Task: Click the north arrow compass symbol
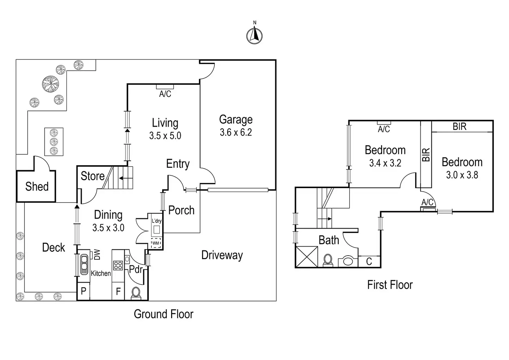[254, 35]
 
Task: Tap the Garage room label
[236, 120]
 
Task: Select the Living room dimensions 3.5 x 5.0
[165, 136]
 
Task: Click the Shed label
[37, 187]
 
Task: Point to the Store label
[92, 176]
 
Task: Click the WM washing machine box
[156, 243]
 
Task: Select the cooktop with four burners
[118, 265]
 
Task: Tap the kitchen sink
[84, 265]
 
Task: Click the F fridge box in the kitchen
[118, 292]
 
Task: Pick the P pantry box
[83, 291]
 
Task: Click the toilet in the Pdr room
[136, 293]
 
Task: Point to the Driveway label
[222, 255]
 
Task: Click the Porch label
[181, 210]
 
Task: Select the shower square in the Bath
[306, 257]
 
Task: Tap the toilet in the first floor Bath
[328, 260]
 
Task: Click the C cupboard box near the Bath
[369, 261]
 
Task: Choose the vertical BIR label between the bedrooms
[426, 155]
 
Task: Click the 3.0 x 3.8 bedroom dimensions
[462, 175]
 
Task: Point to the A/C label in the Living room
[165, 94]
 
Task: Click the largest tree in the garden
[50, 84]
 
